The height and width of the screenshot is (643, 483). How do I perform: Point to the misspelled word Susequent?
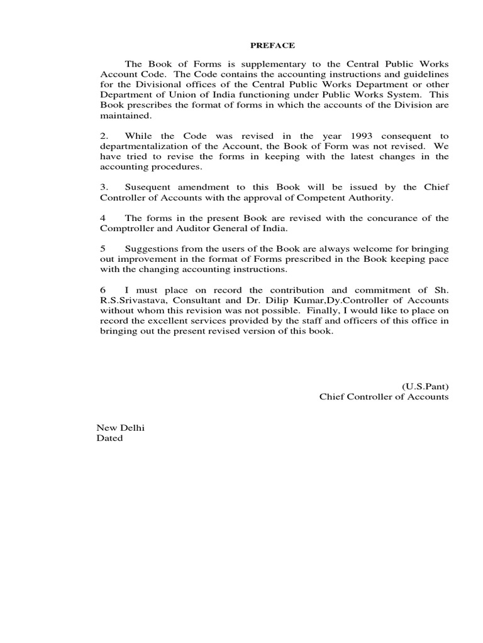150,187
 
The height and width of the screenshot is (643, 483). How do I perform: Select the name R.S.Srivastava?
133,300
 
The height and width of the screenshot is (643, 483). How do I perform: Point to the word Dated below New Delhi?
109,438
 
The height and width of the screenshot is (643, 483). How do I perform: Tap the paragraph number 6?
103,289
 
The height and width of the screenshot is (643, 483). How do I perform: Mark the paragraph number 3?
104,187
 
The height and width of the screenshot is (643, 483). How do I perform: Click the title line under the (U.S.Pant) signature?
384,397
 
